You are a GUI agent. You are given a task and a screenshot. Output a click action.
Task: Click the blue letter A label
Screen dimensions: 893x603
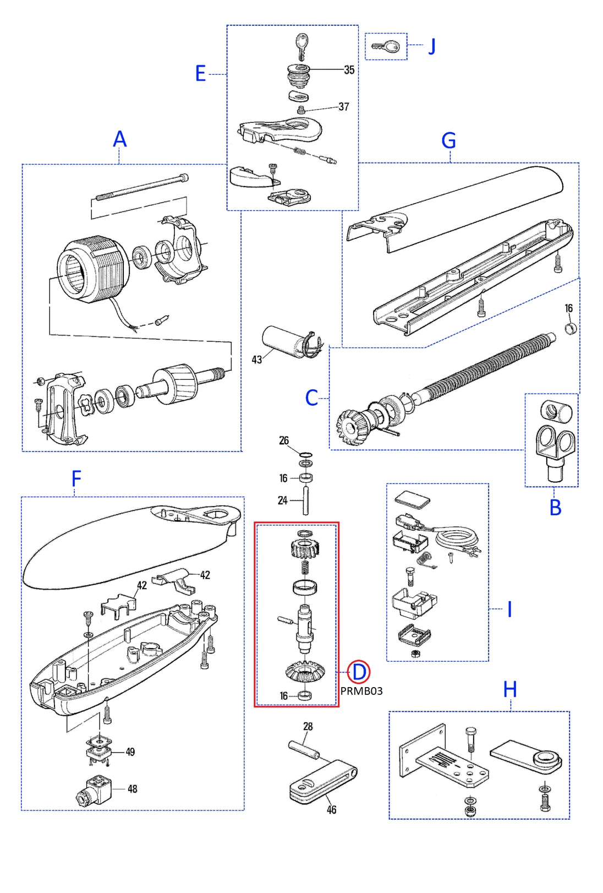click(119, 139)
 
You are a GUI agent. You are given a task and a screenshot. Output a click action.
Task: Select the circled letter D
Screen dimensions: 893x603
click(359, 672)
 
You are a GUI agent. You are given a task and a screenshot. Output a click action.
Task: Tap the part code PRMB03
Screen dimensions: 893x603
click(361, 691)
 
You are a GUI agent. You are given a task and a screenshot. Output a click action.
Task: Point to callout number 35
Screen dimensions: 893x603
click(349, 70)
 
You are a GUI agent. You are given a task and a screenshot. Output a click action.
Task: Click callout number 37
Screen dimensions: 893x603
click(344, 107)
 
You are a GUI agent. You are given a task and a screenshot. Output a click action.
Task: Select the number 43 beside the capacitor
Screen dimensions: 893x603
click(256, 360)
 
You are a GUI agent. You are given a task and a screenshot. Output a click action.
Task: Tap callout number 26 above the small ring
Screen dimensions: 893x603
click(284, 440)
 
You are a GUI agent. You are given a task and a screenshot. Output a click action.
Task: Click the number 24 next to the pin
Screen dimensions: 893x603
click(282, 500)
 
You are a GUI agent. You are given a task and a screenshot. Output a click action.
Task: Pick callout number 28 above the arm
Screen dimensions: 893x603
click(308, 727)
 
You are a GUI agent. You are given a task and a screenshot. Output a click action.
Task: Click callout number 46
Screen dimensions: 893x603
click(331, 810)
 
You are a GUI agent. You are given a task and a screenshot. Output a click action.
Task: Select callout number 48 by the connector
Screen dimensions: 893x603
click(133, 789)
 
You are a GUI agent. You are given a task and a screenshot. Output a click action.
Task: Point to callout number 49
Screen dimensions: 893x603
click(130, 752)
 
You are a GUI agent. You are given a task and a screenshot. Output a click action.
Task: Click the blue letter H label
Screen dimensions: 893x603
click(510, 690)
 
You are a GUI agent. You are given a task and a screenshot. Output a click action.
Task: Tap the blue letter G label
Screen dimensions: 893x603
click(449, 141)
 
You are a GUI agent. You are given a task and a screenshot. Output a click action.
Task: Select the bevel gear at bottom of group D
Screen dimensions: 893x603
click(305, 670)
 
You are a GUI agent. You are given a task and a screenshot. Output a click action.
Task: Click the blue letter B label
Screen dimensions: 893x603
click(555, 508)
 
